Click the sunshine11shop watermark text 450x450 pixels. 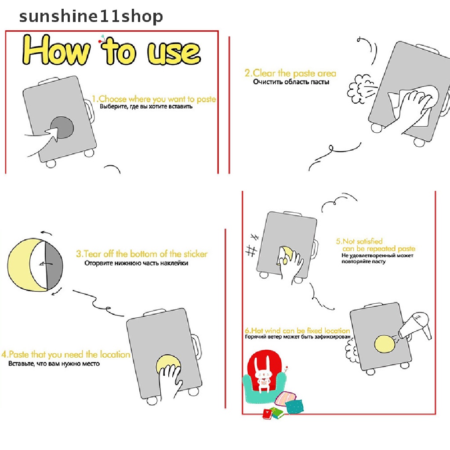click(91, 16)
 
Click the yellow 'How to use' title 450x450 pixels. click(112, 51)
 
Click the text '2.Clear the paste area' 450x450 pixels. click(290, 73)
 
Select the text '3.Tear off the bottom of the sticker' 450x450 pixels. click(141, 254)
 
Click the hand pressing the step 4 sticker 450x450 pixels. click(171, 379)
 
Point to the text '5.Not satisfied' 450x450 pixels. click(359, 241)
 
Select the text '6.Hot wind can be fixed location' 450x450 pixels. click(297, 330)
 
